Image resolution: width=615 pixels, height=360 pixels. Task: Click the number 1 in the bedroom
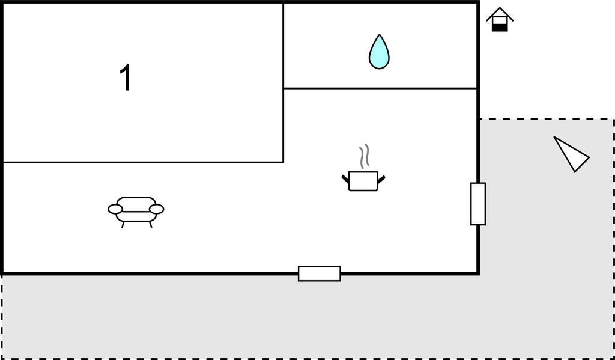coord(126,78)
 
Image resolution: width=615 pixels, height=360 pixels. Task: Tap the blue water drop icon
coord(379,52)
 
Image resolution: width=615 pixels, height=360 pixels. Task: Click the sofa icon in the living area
coord(136,212)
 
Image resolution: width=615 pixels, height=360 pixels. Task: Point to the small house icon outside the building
coord(500,19)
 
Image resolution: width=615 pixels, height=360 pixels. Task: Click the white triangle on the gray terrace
coord(573,155)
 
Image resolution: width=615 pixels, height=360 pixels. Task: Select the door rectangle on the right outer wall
coord(478,204)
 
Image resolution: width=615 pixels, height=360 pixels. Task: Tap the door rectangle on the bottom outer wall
coord(320,273)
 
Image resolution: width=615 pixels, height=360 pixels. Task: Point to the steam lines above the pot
coord(365,156)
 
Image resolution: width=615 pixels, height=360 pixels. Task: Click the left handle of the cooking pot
coord(345,179)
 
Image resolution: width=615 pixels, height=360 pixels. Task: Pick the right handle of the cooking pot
coord(381,179)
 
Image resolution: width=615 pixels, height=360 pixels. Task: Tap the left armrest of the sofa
coord(115,209)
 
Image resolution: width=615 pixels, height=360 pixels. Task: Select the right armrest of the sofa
coord(157,209)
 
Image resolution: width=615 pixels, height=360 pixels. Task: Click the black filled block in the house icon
coord(500,28)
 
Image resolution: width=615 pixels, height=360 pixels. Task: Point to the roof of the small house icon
coord(500,13)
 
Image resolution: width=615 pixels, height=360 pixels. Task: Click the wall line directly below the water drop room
coord(380,88)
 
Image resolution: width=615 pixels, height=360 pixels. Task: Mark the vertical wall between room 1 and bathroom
coord(283,82)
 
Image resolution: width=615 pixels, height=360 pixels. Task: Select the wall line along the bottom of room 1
coord(143,162)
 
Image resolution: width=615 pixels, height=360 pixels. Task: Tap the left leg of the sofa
coord(123,225)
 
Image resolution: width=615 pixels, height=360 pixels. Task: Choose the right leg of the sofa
coord(150,225)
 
